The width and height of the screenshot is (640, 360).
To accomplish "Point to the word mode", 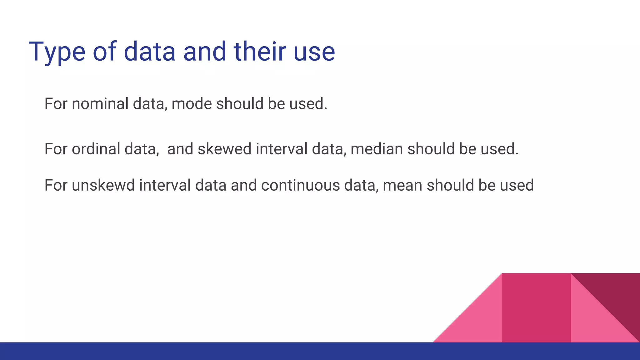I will pyautogui.click(x=192, y=104).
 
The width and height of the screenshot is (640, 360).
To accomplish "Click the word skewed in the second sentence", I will pyautogui.click(x=224, y=149).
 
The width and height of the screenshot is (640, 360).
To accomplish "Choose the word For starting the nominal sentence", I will pyautogui.click(x=56, y=104).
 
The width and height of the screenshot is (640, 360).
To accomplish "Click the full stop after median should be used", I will pyautogui.click(x=517, y=154).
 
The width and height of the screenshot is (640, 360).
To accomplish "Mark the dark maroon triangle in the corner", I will pyautogui.click(x=616, y=294).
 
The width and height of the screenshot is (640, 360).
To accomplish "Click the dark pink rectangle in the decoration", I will pyautogui.click(x=536, y=308).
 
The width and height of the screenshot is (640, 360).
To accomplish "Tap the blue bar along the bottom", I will pyautogui.click(x=219, y=351).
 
